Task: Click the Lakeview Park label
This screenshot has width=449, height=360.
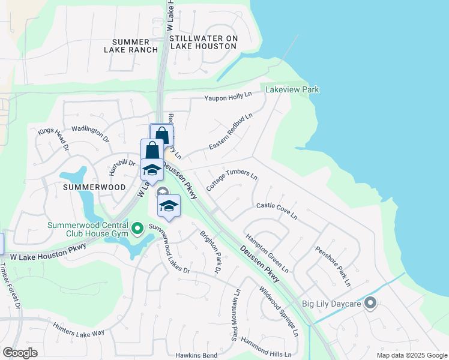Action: pos(293,90)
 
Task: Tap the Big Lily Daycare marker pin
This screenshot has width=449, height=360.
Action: pos(370,303)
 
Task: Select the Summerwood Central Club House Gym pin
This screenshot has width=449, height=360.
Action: pos(137,227)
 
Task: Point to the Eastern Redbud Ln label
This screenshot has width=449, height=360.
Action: pos(231,131)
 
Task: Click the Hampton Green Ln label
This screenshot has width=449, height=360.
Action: pos(267,252)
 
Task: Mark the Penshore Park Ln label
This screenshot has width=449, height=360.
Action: pos(333,265)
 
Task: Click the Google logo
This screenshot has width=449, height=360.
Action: pos(20,353)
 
